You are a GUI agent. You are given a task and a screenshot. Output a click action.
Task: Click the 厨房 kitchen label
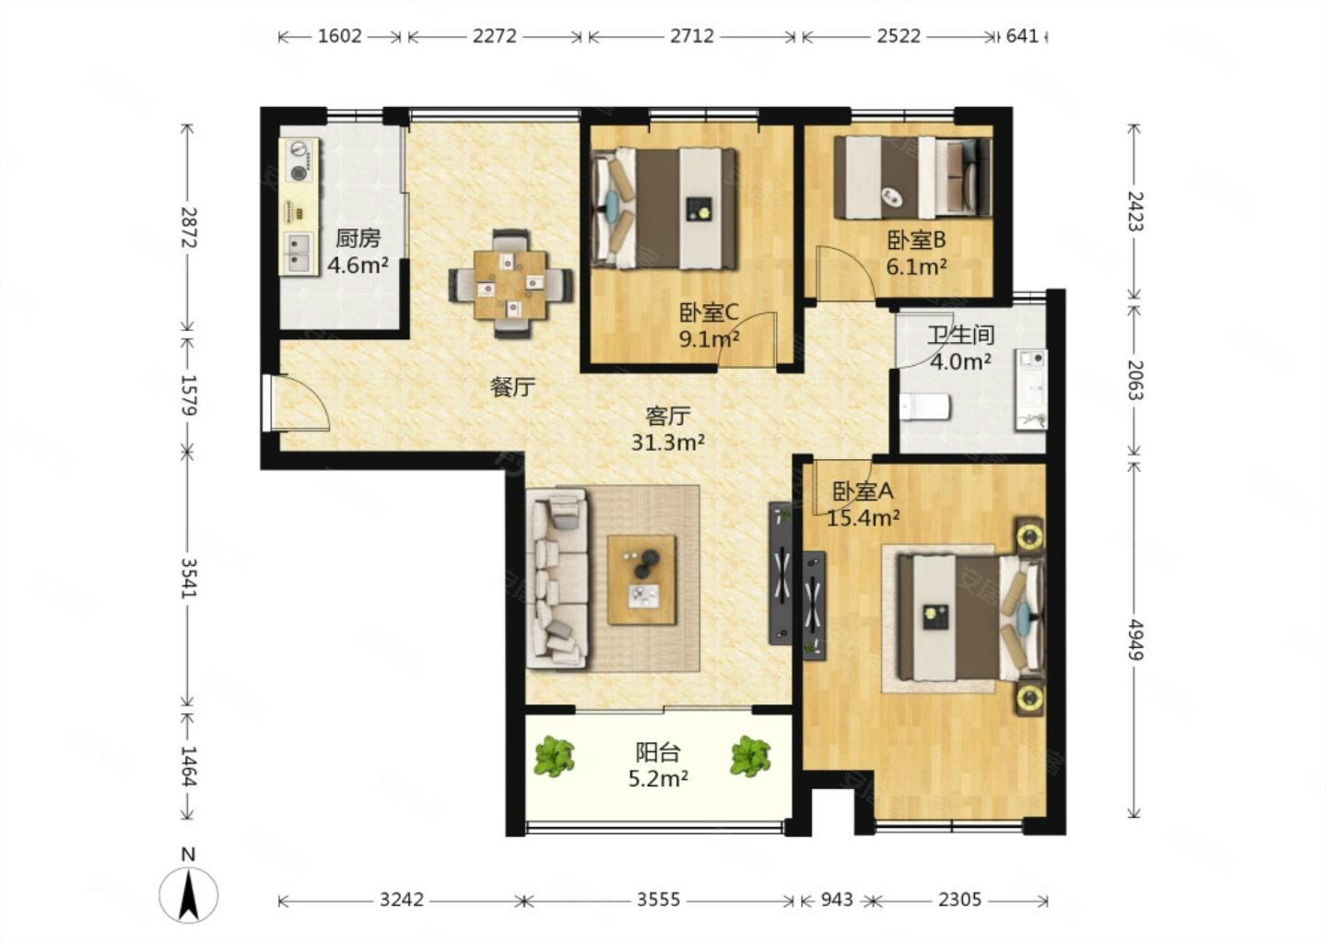pyautogui.click(x=358, y=238)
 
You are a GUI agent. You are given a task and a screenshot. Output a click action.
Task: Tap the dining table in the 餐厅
pyautogui.click(x=511, y=285)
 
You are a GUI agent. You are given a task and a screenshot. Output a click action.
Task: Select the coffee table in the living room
pyautogui.click(x=641, y=580)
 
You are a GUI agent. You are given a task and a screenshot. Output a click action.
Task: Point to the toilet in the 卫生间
pyautogui.click(x=925, y=407)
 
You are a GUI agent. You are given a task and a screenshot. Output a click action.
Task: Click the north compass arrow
pyautogui.click(x=188, y=894)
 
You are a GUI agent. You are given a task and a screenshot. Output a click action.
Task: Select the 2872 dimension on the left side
pyautogui.click(x=188, y=227)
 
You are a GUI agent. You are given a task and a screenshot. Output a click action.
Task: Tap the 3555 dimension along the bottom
pyautogui.click(x=658, y=900)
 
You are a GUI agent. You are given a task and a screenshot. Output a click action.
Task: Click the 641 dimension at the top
pyautogui.click(x=1022, y=36)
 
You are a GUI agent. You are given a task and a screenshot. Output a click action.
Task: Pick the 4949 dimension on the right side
pyautogui.click(x=1133, y=640)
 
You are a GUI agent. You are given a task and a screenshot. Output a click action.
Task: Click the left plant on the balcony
pyautogui.click(x=554, y=756)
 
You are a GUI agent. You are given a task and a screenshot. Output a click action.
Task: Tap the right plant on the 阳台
pyautogui.click(x=750, y=756)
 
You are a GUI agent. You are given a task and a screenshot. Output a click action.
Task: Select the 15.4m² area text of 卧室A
pyautogui.click(x=863, y=518)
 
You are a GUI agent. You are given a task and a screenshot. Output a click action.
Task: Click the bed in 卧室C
pyautogui.click(x=664, y=208)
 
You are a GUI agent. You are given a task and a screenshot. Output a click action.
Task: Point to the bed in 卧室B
pyautogui.click(x=913, y=178)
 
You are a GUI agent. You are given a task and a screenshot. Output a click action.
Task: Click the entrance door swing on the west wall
pyautogui.click(x=299, y=402)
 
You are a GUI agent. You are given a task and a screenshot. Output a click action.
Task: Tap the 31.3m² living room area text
pyautogui.click(x=667, y=442)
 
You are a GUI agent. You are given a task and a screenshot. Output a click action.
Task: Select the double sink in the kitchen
pyautogui.click(x=298, y=253)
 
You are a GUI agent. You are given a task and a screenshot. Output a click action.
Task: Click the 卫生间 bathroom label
pyautogui.click(x=959, y=336)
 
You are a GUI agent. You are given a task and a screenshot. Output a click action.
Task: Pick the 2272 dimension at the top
pyautogui.click(x=495, y=36)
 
